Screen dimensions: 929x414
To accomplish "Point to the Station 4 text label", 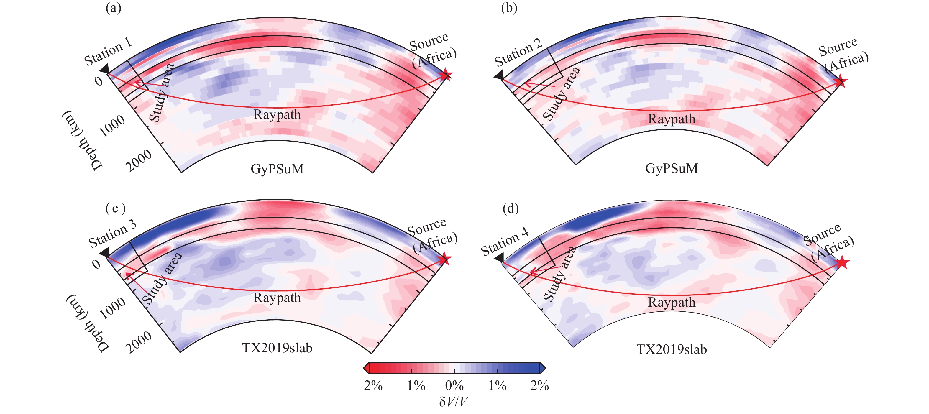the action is point(505,241).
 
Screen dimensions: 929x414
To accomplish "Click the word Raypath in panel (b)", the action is point(672,119).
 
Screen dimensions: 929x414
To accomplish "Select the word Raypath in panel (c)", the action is point(277,298).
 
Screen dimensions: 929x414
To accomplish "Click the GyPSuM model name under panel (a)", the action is point(277,169).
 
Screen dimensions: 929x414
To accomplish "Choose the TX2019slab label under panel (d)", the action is point(672,349).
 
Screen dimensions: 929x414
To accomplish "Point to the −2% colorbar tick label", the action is point(369,385).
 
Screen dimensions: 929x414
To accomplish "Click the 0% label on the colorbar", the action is point(454,385).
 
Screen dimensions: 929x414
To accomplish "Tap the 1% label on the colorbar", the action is point(497,385).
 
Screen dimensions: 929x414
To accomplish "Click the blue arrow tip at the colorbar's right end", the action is point(543,368).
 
